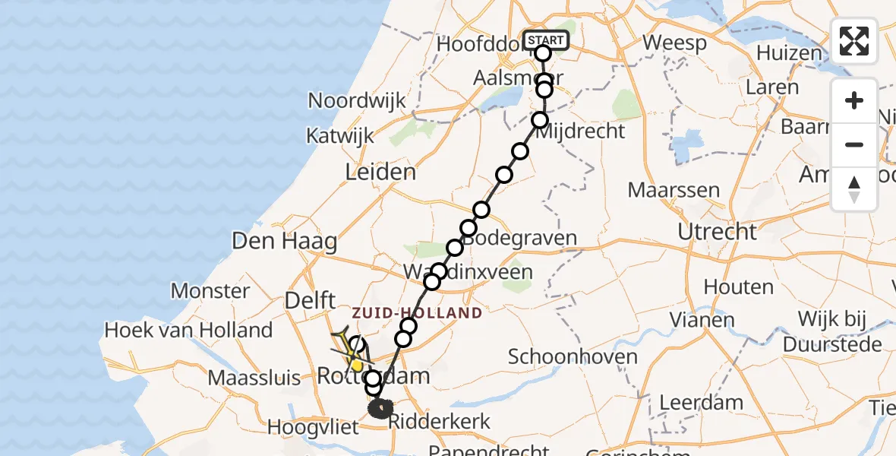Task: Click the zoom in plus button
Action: [854, 101]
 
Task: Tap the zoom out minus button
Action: [854, 144]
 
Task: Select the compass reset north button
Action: [854, 189]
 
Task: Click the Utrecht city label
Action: [718, 232]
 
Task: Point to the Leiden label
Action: [380, 173]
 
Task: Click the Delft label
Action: [310, 301]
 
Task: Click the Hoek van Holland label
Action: [188, 330]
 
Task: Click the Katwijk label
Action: [340, 136]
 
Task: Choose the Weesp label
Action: [674, 43]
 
